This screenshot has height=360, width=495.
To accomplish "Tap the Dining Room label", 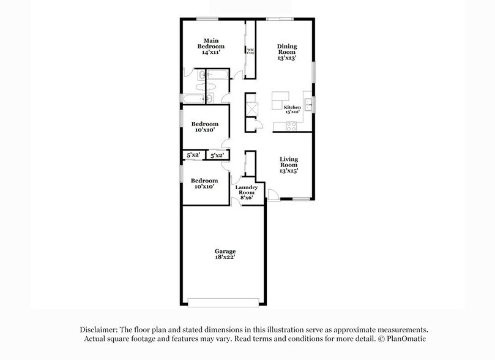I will pos(286,52).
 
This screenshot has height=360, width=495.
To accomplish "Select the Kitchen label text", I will pos(292,108).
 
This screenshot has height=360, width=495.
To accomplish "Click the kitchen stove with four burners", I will pos(291,126).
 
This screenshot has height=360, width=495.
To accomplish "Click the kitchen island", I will pos(280,100).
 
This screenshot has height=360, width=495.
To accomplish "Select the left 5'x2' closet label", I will pos(193,156).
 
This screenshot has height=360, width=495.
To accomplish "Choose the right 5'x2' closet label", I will pos(217,156).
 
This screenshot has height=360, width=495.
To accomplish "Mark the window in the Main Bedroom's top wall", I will pos(207,18).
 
